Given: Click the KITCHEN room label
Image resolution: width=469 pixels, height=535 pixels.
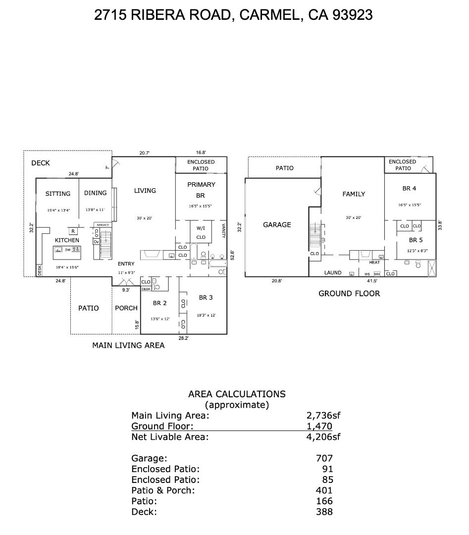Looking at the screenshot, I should pos(67,240).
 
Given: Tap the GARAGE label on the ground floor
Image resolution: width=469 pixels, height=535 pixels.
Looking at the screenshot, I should pos(277,225).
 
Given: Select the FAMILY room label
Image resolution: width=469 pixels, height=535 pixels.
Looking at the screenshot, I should pos(354,194).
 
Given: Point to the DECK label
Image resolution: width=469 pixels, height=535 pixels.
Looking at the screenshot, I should pos(41,163).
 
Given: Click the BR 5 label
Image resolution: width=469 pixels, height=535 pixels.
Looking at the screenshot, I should pos(416,240).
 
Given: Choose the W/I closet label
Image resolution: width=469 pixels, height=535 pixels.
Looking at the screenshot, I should pos(201,228).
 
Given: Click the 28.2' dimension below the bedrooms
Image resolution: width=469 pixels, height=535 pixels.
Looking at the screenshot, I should pos(183,338).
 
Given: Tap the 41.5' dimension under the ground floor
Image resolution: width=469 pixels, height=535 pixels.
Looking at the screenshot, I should pos(372,280).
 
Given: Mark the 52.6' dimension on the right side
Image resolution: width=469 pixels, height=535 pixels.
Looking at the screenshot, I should pos(232,255).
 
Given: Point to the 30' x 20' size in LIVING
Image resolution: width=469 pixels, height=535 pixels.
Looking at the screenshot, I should pos(145,218).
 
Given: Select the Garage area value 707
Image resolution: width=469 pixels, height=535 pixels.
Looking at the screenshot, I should pos(324,459).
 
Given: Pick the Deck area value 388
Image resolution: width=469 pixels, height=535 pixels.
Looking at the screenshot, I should pos(324,512).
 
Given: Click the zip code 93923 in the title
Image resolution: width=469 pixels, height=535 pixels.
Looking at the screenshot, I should pos(352,15).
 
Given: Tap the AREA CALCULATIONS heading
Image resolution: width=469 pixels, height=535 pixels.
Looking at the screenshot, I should pos(237,394).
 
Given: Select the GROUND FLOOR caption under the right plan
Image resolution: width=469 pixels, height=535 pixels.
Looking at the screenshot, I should pos(349,293).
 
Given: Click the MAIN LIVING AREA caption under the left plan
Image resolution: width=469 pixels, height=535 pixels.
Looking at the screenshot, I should pos(128,345).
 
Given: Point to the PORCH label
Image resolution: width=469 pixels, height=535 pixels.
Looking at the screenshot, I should pos(126,308).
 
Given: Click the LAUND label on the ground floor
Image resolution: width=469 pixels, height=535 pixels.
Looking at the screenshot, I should pos(333,272).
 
